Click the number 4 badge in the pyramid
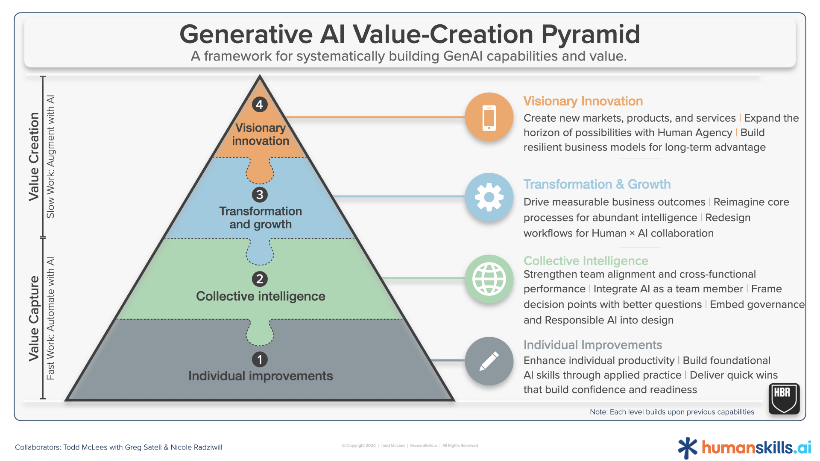260,105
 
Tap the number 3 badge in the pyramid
260,195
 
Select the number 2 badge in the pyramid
260,279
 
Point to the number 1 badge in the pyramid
260,359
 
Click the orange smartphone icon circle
489,117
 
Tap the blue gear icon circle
489,197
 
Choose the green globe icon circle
489,279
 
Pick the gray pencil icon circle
489,361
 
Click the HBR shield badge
784,399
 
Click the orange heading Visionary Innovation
583,101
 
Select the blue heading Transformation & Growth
597,184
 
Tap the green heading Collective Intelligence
586,261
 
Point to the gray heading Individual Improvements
593,345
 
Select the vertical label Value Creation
34,157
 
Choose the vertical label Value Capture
34,318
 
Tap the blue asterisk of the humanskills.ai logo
688,448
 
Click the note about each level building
672,412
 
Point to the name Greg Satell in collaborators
143,447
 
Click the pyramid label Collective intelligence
261,296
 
